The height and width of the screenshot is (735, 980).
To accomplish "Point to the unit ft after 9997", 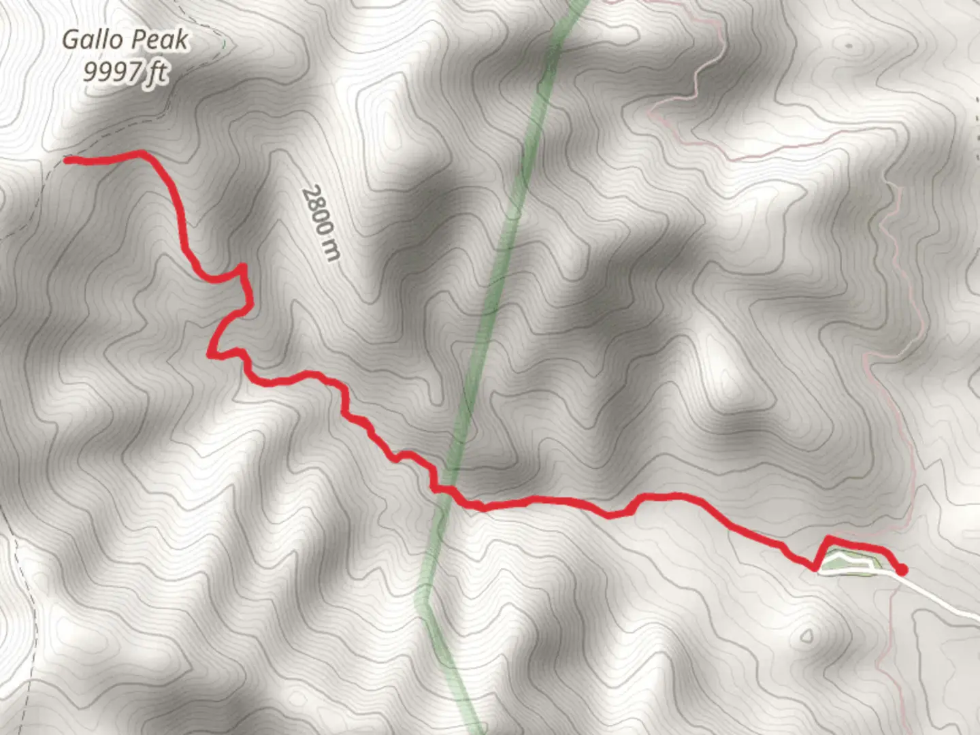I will click(x=157, y=71).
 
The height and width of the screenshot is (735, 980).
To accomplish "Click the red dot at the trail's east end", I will click(x=902, y=570).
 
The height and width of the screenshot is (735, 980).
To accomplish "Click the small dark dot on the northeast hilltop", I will click(x=849, y=46).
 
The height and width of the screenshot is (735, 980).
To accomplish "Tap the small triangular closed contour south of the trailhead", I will click(x=806, y=637).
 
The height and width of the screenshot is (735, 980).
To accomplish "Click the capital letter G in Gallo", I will click(x=70, y=40).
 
